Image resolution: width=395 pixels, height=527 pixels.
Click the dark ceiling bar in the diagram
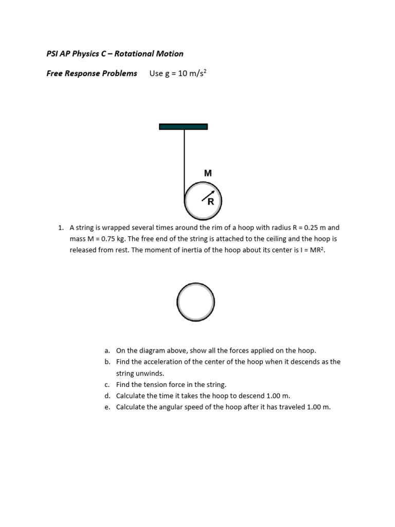pyautogui.click(x=183, y=127)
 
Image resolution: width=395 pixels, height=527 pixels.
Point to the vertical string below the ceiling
pyautogui.click(x=184, y=160)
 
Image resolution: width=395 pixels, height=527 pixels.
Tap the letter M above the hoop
pyautogui.click(x=208, y=173)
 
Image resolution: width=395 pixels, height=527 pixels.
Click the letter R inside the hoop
pyautogui.click(x=210, y=202)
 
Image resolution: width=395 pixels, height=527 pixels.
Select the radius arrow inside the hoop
pyautogui.click(x=207, y=196)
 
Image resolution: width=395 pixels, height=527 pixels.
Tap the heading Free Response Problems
pyautogui.click(x=92, y=73)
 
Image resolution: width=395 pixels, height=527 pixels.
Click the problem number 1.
pyautogui.click(x=60, y=227)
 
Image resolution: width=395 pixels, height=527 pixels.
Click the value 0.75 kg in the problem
pyautogui.click(x=114, y=239)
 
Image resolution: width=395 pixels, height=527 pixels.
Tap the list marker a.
pyautogui.click(x=107, y=350)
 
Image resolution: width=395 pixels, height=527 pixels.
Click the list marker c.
pyautogui.click(x=107, y=384)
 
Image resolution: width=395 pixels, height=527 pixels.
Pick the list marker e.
pyautogui.click(x=107, y=407)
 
